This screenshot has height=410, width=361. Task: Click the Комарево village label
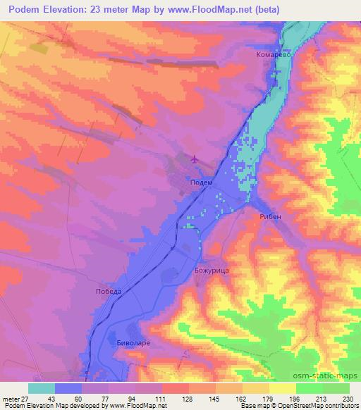click(274, 54)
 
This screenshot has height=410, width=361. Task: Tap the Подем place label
click(202, 181)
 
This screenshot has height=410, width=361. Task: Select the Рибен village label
click(270, 218)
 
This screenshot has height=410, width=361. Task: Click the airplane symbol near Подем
click(195, 159)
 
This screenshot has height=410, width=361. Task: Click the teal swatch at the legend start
click(42, 388)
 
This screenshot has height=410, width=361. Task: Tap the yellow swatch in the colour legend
click(283, 388)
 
